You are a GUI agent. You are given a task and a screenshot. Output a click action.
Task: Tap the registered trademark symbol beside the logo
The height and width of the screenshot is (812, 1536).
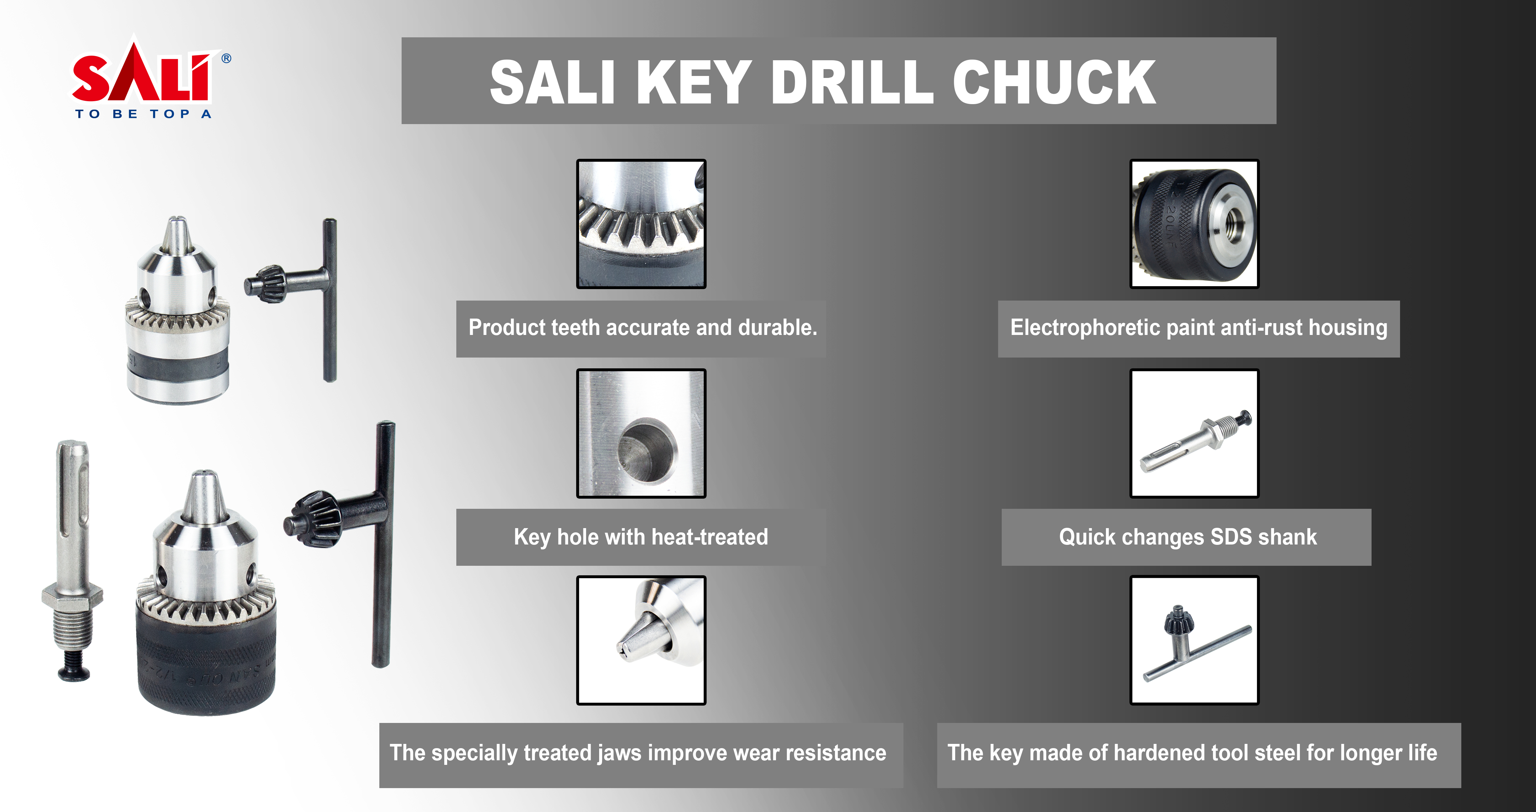227,58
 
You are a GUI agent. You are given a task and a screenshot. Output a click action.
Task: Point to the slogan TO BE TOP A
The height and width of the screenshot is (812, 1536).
143,114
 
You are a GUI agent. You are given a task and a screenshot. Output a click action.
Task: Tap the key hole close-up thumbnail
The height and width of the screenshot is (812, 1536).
641,434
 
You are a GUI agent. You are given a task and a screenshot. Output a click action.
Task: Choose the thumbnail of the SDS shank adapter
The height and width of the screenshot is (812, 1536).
1194,434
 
